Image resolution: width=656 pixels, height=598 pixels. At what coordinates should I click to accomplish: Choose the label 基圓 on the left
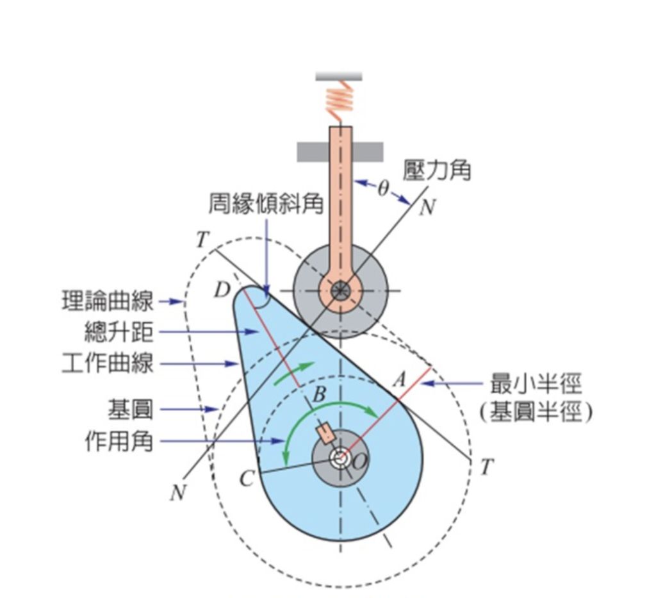[x=130, y=408]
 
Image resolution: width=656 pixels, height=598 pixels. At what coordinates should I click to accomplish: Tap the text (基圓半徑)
[x=536, y=412]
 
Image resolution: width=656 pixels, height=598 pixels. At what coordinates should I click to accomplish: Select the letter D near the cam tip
[x=222, y=290]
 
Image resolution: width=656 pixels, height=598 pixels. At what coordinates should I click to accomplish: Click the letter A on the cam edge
[x=399, y=379]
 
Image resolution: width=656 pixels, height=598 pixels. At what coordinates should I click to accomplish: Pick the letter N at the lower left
[x=177, y=493]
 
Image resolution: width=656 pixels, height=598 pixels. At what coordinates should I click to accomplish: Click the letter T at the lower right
[x=487, y=468]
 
